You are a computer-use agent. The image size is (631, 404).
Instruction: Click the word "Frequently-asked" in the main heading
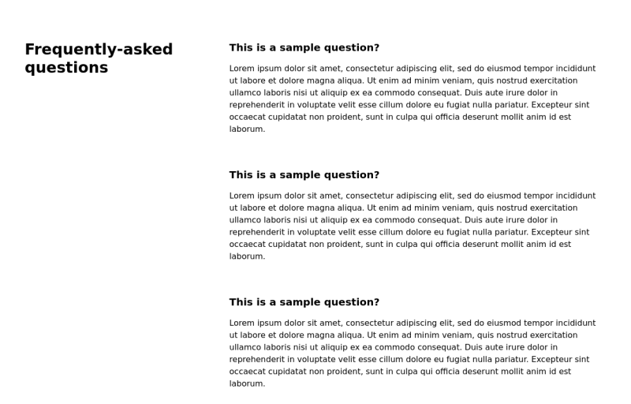click(x=99, y=50)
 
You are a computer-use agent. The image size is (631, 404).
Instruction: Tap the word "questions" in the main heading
click(x=66, y=68)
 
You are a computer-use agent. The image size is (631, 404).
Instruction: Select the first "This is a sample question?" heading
click(x=304, y=47)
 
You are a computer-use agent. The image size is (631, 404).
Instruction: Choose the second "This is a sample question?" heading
click(x=304, y=175)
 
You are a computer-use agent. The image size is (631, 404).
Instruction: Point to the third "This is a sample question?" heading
click(x=304, y=302)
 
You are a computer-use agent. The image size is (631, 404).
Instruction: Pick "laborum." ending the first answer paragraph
click(x=248, y=129)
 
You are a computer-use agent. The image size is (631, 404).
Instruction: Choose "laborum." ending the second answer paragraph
click(x=248, y=256)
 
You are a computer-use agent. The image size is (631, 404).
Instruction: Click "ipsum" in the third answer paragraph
click(x=272, y=323)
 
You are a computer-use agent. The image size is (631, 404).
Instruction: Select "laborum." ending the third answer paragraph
click(x=248, y=383)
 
